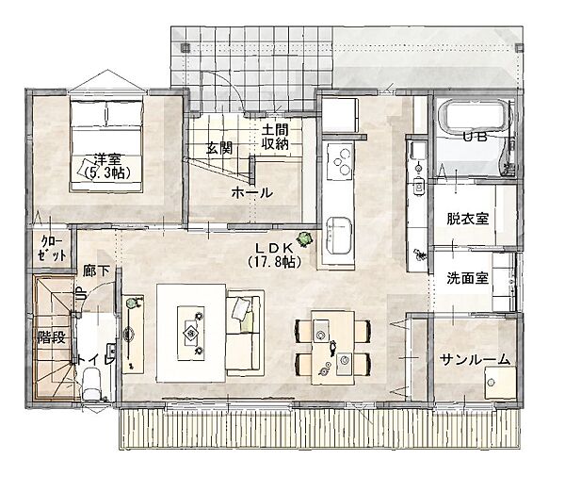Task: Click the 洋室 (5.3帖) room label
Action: tap(106, 167)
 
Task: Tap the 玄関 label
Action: tap(219, 148)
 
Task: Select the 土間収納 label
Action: tap(275, 137)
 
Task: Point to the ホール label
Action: tap(251, 193)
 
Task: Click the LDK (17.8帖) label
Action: tap(274, 255)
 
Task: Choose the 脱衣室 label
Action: tap(467, 219)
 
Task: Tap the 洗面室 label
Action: tap(467, 278)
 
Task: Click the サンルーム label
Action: tap(476, 360)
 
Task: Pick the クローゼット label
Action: tap(53, 248)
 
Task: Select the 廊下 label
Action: tap(96, 271)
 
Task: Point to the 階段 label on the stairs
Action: tap(52, 337)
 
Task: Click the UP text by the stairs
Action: tap(80, 293)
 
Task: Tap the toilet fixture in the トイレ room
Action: tap(90, 384)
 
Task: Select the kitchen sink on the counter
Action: tap(338, 236)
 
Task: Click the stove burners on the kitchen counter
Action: tap(341, 161)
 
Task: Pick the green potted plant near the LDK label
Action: tap(305, 238)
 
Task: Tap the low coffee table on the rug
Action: tap(191, 333)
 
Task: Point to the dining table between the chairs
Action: tap(333, 348)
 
